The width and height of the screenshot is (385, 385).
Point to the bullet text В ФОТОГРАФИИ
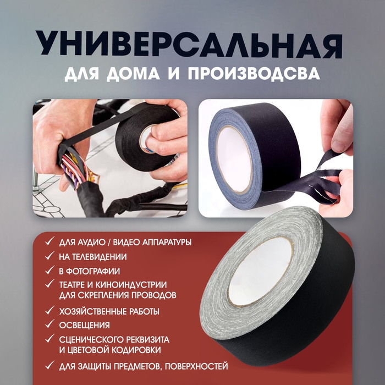[x=90, y=271]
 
